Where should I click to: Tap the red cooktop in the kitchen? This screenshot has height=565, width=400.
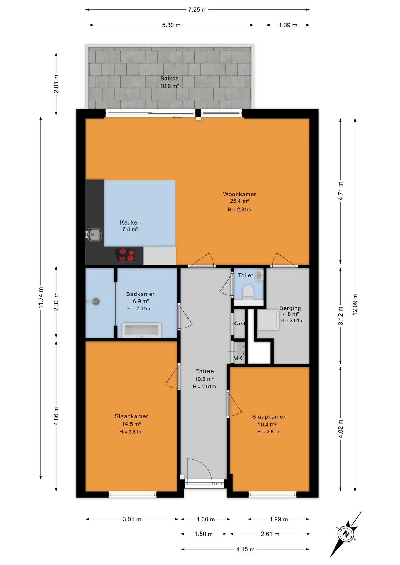(125, 255)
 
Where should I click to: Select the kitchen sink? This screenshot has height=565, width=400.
(94, 235)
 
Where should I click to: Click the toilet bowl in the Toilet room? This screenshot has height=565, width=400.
(248, 292)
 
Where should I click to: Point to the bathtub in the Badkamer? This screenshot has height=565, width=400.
(142, 330)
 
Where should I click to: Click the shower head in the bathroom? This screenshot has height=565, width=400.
(96, 302)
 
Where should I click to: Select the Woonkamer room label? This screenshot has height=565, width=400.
(239, 194)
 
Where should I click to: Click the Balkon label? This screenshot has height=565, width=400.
(170, 79)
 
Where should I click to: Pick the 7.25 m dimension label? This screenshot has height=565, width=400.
(197, 10)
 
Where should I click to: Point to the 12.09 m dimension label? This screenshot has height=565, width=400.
(355, 305)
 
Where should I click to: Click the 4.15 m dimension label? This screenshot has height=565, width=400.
(245, 549)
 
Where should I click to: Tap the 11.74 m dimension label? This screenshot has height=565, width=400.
(41, 298)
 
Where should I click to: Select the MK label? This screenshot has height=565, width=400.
(238, 358)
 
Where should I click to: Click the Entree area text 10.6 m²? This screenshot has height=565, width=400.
(204, 379)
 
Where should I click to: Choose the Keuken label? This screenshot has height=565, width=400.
(130, 223)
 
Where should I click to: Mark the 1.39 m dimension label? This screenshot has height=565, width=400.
(288, 25)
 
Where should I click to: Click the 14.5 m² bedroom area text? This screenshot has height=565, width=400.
(131, 424)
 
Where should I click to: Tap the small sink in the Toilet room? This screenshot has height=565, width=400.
(260, 275)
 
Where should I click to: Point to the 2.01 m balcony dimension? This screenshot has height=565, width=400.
(56, 84)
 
